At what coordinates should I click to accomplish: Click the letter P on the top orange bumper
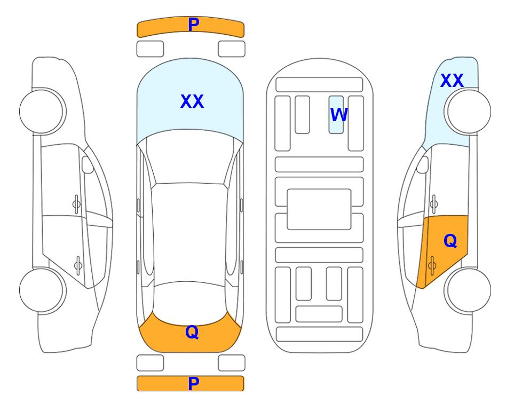[193, 25]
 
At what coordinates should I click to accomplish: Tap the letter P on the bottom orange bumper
[193, 383]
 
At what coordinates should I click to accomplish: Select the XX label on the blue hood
[192, 101]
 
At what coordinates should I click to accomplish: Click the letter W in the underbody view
[339, 115]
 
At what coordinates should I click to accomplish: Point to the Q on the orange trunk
[192, 332]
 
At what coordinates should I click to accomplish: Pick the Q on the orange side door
[450, 241]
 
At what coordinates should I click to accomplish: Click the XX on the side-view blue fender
[452, 81]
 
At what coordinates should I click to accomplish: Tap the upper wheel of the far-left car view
[42, 111]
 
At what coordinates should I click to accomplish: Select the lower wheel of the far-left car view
[42, 290]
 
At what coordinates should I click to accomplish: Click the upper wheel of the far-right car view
[468, 112]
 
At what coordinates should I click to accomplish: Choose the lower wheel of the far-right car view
[468, 290]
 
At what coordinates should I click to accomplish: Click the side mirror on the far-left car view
[88, 164]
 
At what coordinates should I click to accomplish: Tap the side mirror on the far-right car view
[423, 164]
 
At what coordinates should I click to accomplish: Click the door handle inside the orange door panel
[432, 265]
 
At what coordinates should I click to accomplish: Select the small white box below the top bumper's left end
[150, 49]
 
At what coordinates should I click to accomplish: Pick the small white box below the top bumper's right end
[232, 49]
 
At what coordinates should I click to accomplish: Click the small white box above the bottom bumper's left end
[150, 363]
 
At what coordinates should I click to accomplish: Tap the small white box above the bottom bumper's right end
[232, 363]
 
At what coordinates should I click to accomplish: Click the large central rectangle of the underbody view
[319, 209]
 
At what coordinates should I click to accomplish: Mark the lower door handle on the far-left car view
[78, 265]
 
